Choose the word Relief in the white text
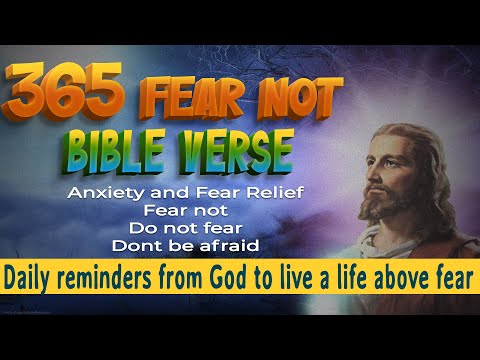276,192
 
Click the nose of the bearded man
381,188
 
